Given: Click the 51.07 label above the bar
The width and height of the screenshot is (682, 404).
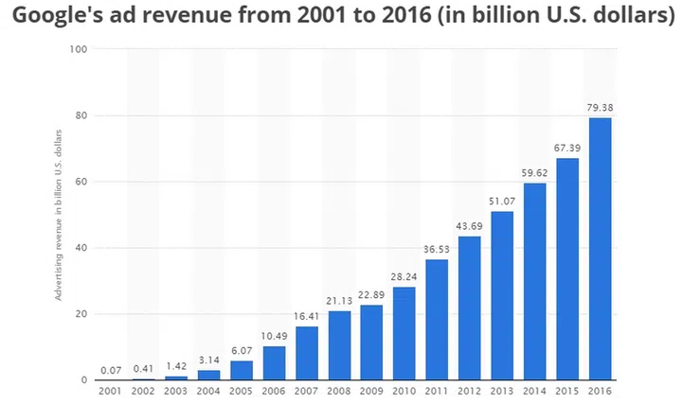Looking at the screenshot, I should [x=503, y=201].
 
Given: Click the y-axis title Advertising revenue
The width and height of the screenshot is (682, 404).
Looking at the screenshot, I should [x=59, y=215].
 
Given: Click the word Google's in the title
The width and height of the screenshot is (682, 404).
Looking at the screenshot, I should [x=54, y=17].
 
